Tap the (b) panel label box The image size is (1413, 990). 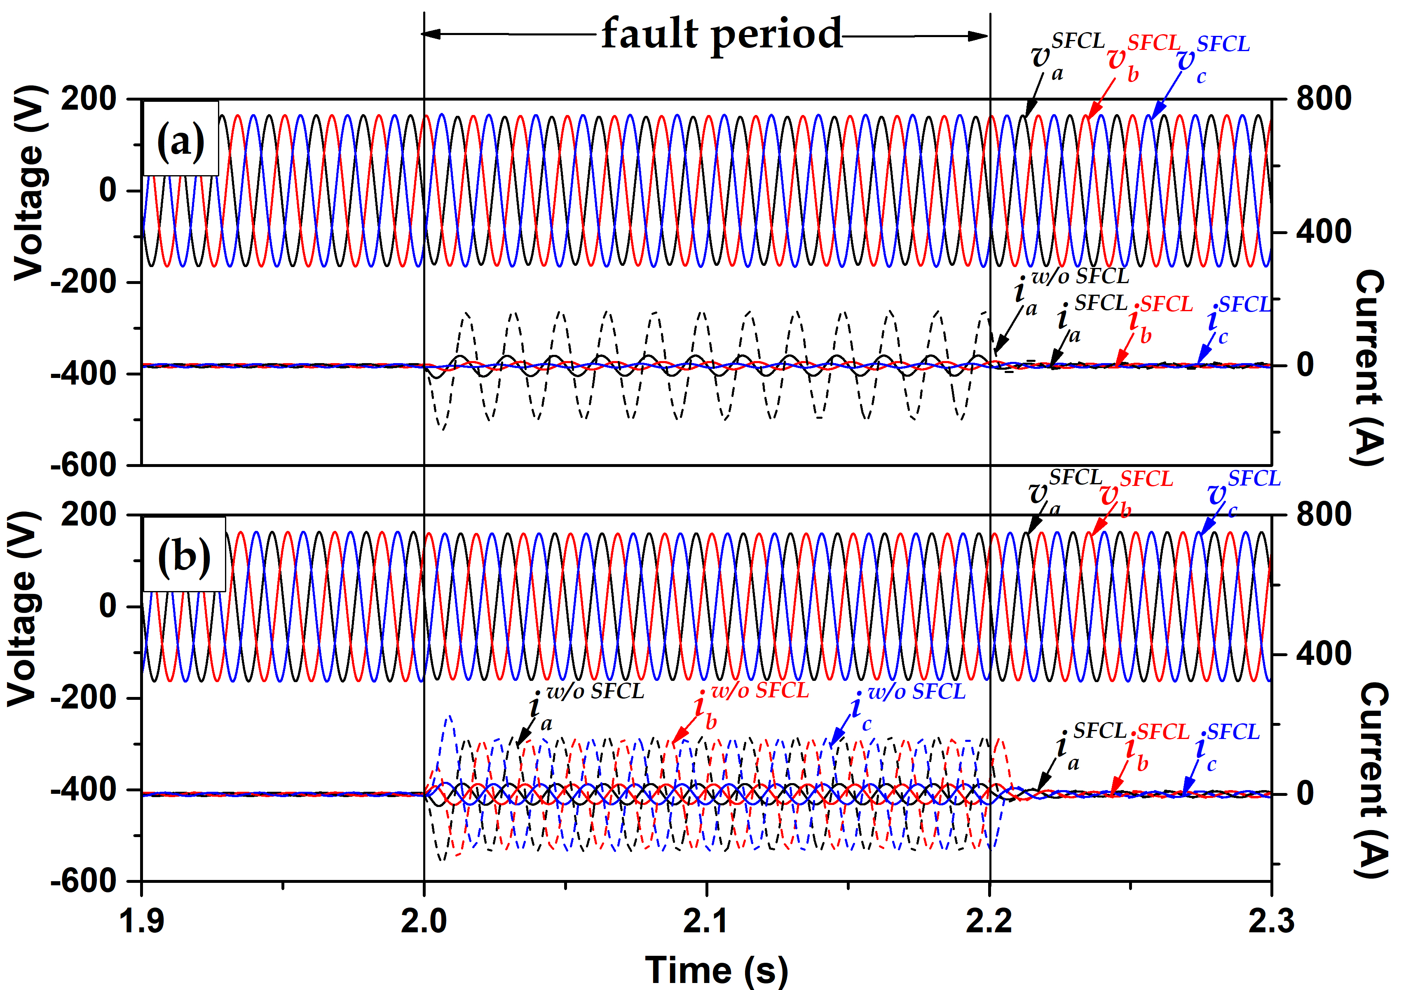184,554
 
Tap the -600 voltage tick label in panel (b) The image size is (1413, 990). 84,881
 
